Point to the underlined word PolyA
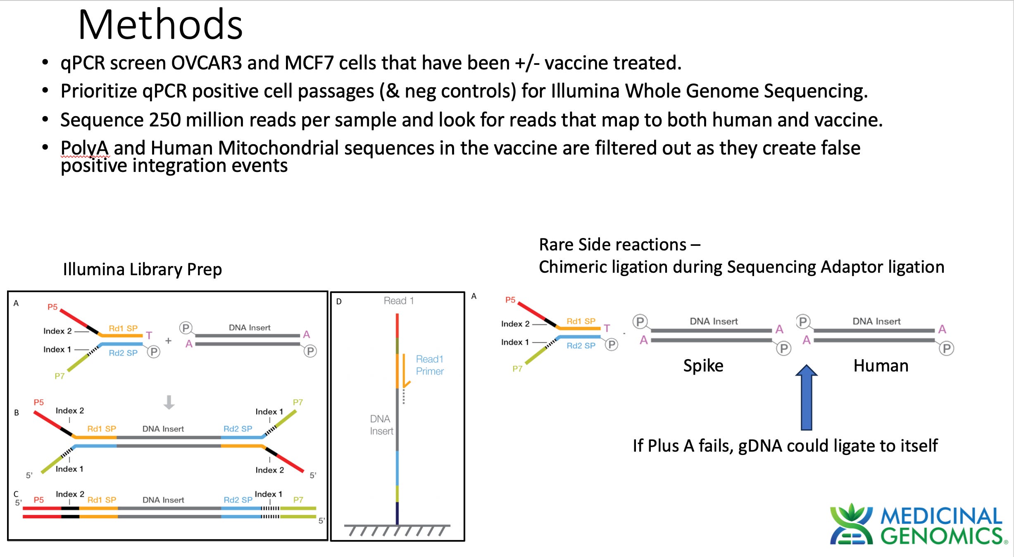pyautogui.click(x=85, y=148)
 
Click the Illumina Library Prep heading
pyautogui.click(x=142, y=269)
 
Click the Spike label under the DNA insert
pyautogui.click(x=703, y=366)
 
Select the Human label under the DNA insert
pyautogui.click(x=881, y=366)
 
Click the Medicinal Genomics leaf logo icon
pyautogui.click(x=851, y=524)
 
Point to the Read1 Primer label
pyautogui.click(x=429, y=365)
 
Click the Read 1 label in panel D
pyautogui.click(x=398, y=301)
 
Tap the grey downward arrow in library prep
pyautogui.click(x=169, y=402)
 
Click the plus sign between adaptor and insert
pyautogui.click(x=168, y=341)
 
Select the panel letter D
pyautogui.click(x=339, y=302)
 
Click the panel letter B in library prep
pyautogui.click(x=17, y=412)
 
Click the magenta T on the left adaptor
pyautogui.click(x=149, y=336)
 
